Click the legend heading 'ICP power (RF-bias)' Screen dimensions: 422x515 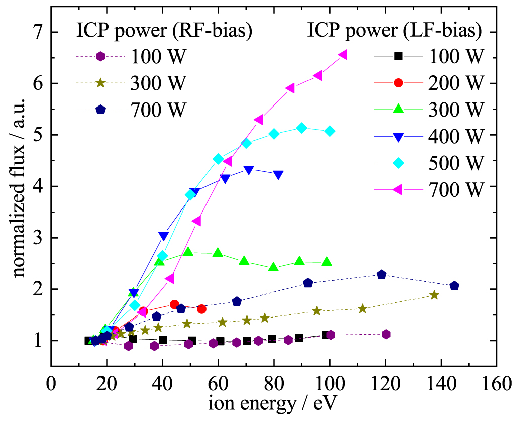click(x=164, y=31)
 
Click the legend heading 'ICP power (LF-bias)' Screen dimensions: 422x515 click(x=394, y=31)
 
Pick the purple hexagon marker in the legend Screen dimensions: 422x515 click(x=100, y=56)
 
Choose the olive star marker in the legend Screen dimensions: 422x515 click(x=100, y=82)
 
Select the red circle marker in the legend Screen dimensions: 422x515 click(x=398, y=82)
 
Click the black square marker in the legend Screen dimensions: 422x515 click(x=398, y=56)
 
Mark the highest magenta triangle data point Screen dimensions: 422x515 click(x=343, y=55)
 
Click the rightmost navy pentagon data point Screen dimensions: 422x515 click(x=454, y=286)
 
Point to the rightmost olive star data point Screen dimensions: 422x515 click(x=434, y=295)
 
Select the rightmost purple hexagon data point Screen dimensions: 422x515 click(x=386, y=334)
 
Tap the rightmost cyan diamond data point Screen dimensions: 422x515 click(x=330, y=131)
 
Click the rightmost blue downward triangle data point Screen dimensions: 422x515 click(x=278, y=175)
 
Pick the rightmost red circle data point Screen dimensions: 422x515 click(x=201, y=309)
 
